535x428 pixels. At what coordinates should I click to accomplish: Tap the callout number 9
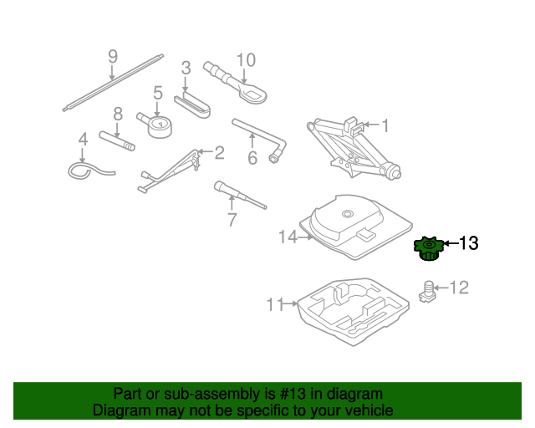(113, 57)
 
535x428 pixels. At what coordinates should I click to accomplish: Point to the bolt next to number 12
(428, 290)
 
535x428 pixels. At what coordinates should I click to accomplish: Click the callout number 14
(288, 237)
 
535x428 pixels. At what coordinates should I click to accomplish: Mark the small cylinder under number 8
(117, 140)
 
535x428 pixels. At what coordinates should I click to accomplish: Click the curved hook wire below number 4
(90, 171)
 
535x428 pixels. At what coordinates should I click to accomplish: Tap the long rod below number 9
(112, 83)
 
